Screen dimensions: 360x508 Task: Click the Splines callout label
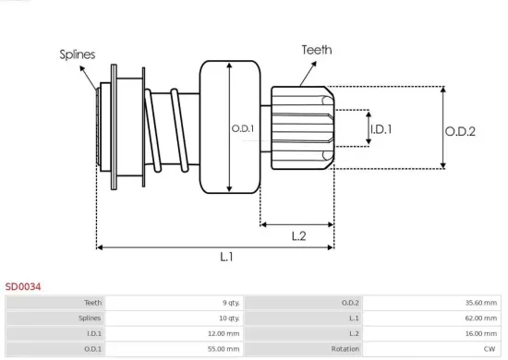[78, 55]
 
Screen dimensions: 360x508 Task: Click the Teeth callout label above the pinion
[317, 50]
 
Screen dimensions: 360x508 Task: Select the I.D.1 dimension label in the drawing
[380, 129]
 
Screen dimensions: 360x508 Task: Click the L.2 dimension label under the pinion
[299, 236]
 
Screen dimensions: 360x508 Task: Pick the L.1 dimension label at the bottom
[226, 258]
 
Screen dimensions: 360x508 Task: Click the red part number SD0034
[23, 286]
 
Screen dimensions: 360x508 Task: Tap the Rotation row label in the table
[345, 349]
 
